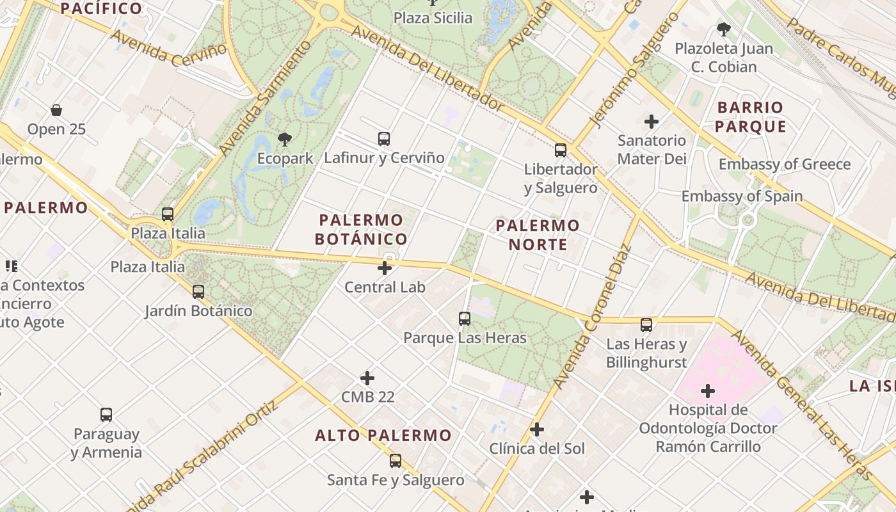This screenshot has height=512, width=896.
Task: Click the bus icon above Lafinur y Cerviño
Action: point(384,138)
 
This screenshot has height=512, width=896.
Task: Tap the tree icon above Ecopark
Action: point(284,139)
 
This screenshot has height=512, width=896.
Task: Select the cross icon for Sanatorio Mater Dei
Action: point(652,121)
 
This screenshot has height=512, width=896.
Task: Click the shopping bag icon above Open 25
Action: point(56,110)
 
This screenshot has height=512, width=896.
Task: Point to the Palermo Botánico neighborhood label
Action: point(362,230)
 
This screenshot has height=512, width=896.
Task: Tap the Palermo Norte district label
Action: point(538,235)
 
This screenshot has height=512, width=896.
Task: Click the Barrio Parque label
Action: point(750,116)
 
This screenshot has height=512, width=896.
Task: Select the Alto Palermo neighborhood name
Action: point(383,436)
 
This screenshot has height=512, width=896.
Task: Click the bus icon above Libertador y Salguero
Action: point(561,150)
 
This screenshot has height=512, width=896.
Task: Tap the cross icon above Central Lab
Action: point(385,268)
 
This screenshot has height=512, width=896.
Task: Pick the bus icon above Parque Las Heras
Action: point(465,318)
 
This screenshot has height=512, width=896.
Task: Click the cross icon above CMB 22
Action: point(367,378)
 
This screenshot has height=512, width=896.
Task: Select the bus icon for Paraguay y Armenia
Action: point(106,415)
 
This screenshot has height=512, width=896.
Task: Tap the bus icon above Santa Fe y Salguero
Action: point(396,460)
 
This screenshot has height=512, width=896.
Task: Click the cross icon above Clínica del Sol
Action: point(537,429)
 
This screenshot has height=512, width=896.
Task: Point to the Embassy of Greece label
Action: point(785,164)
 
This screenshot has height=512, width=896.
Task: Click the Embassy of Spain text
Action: point(742,196)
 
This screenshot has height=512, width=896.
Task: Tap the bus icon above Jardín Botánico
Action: point(198,292)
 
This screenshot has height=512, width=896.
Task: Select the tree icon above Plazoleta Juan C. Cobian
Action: point(724,29)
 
